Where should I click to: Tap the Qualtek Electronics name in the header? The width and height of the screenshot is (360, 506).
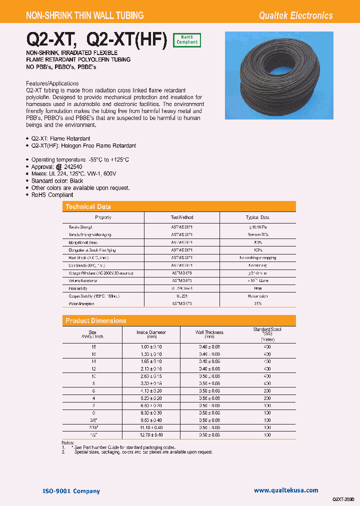point(295,15)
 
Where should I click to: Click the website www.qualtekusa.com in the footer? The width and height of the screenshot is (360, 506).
point(285,490)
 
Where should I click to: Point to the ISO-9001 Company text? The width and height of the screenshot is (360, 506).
point(70,491)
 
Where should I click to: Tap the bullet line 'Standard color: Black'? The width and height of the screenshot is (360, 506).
point(57,181)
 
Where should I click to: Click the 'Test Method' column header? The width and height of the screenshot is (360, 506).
point(182,217)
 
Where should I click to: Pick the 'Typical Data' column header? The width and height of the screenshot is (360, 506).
point(257,217)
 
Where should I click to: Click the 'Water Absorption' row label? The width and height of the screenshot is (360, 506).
point(81,304)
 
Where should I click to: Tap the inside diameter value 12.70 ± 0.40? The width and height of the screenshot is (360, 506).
point(151,435)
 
